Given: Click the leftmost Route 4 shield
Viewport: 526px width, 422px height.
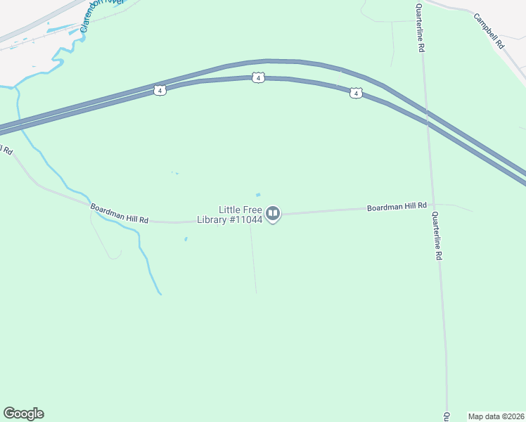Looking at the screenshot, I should point(160,91).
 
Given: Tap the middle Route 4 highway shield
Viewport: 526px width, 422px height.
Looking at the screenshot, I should point(259,77).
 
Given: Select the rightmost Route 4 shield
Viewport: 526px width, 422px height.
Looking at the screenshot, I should point(356,94).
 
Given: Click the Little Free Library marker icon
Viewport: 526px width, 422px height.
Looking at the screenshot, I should point(274,214).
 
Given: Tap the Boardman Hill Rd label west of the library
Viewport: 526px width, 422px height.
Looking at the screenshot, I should point(120,214).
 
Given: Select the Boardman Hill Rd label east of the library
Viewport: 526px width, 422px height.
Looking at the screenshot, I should point(397,207).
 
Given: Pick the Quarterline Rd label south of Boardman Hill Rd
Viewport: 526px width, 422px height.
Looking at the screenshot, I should point(437,236).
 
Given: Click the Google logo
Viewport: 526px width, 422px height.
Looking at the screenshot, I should point(23,414).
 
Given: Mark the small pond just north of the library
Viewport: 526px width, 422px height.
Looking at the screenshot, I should point(258,195).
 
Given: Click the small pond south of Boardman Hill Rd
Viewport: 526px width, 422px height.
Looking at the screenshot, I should point(186,239).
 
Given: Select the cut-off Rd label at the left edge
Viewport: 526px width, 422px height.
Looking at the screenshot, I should point(6,149).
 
